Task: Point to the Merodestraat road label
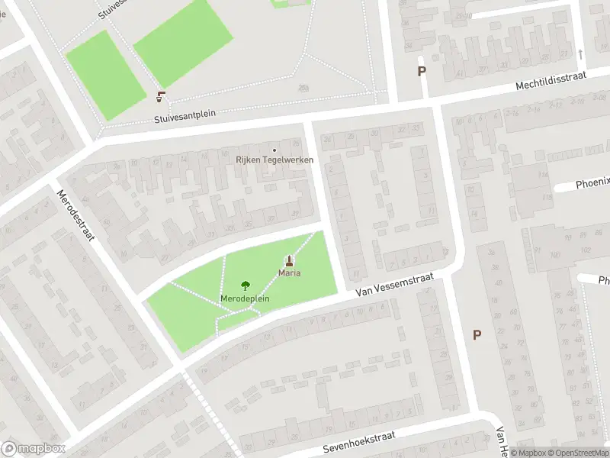75,214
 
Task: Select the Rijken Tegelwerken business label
274,160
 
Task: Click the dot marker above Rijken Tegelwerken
274,150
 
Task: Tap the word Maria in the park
289,273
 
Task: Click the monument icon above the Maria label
289,260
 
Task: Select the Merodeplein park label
245,298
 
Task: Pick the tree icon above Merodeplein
245,286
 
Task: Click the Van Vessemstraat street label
394,288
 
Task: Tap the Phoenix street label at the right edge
593,183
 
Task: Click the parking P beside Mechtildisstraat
421,71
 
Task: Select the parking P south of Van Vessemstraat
477,334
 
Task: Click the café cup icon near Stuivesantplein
161,96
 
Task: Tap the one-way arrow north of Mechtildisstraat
580,54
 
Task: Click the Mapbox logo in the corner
34,449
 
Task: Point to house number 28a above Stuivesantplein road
304,88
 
